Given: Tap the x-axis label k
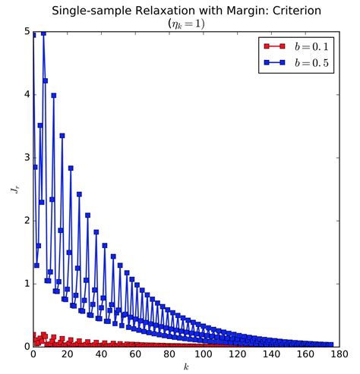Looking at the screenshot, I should (x=185, y=366).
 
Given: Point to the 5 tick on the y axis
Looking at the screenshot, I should (x=25, y=32).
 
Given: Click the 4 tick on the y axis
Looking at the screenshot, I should (x=25, y=95).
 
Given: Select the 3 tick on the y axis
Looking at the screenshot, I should (x=25, y=158).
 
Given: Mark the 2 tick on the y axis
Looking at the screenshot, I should (x=25, y=221).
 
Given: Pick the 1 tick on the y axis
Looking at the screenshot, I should (x=25, y=284).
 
